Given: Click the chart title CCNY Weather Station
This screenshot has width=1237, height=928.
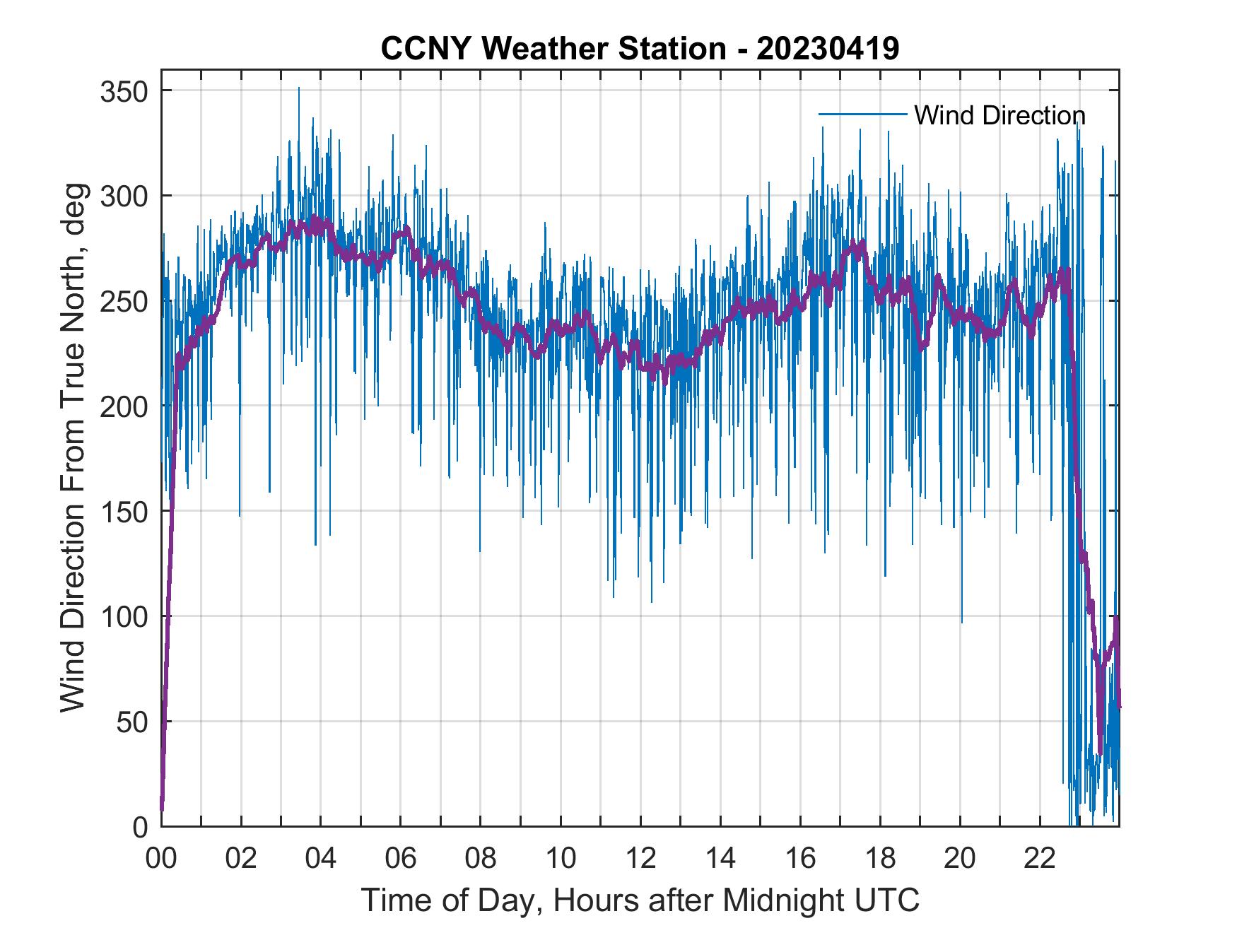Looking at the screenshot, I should (x=553, y=49).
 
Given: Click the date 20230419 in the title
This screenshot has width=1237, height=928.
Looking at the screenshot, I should (x=828, y=49).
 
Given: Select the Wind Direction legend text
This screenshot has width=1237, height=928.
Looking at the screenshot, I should (x=999, y=115).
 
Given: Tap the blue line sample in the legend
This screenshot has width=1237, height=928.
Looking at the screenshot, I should (x=862, y=114).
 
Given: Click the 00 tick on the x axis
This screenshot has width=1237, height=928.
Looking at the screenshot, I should (x=161, y=859).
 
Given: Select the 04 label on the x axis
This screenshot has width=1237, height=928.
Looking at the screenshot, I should (x=321, y=859).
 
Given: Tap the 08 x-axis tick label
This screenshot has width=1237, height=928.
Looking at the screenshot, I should (x=481, y=859).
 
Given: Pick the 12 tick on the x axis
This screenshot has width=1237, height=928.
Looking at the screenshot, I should (x=640, y=859).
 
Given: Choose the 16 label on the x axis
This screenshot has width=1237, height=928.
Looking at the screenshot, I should (x=800, y=859).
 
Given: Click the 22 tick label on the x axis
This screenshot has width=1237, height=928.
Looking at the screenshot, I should (x=1040, y=859).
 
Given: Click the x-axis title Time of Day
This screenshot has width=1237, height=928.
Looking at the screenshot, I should (x=640, y=900).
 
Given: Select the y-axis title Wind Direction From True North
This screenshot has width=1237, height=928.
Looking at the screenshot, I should (x=73, y=447).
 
